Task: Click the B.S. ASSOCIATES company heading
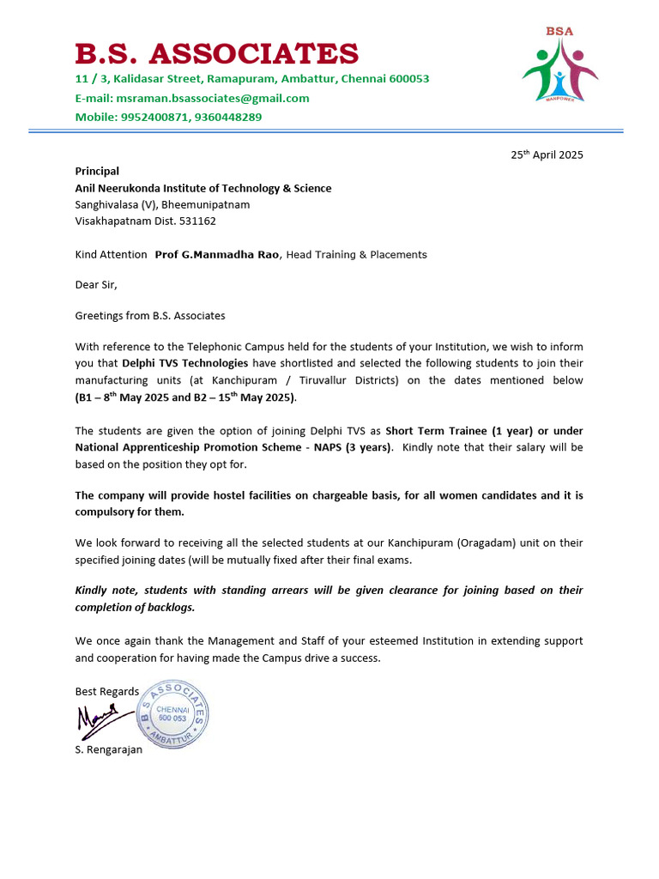[x=216, y=54]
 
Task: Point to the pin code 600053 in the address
[x=408, y=79]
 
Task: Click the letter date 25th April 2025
[x=547, y=155]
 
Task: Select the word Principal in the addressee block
[x=97, y=172]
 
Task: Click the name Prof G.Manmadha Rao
[x=216, y=255]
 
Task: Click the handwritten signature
[x=100, y=720]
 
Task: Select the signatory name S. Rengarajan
[x=109, y=749]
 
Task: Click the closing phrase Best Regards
[x=106, y=692]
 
